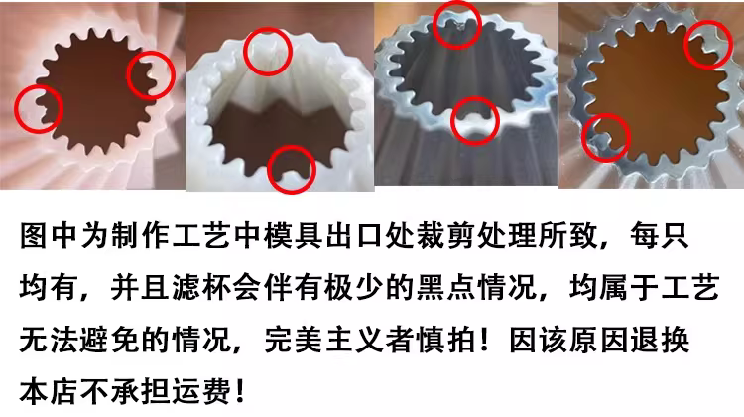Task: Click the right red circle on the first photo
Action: [x=128, y=76]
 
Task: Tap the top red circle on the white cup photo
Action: [x=245, y=51]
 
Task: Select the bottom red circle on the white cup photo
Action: [x=269, y=170]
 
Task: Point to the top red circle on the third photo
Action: [x=435, y=25]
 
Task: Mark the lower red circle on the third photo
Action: [x=452, y=121]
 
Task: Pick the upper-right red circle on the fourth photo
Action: [x=685, y=45]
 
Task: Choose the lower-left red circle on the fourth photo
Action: [x=582, y=138]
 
